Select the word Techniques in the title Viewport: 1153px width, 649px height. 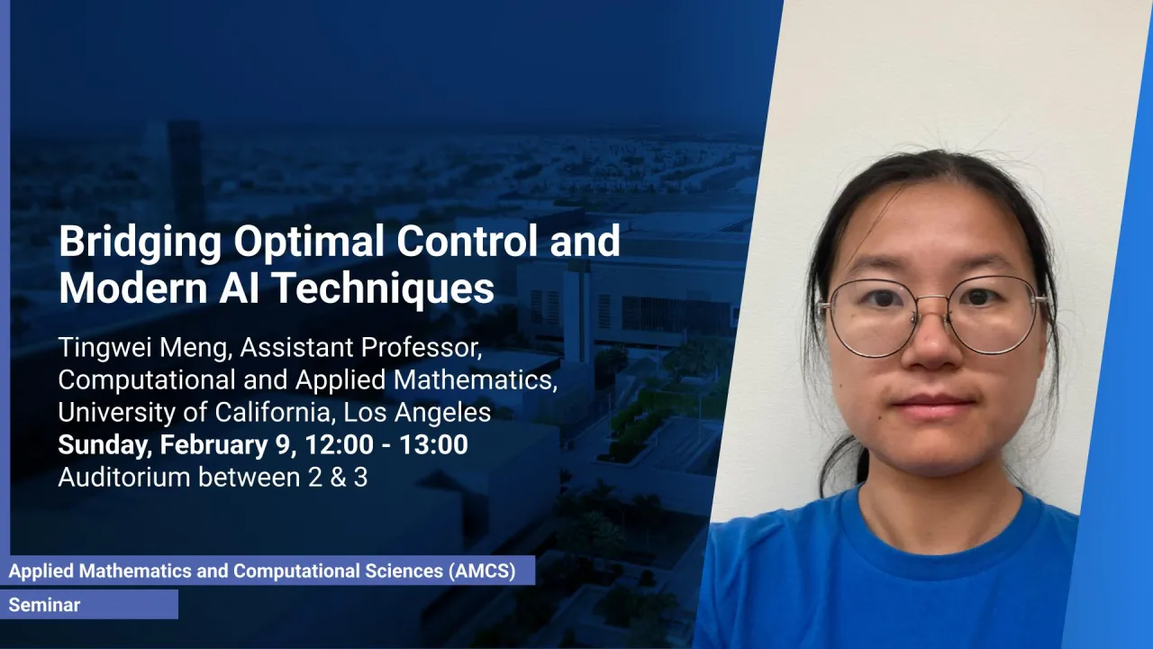tap(385, 288)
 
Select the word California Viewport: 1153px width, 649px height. tap(275, 412)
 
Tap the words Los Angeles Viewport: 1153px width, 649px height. tap(417, 413)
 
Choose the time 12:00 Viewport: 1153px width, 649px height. tap(339, 444)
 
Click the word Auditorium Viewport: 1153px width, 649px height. tap(124, 478)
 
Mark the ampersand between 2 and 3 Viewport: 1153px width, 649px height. tap(338, 478)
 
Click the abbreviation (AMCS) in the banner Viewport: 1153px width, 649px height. tap(482, 571)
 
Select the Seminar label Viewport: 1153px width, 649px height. tap(44, 605)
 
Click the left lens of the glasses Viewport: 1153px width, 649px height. tap(872, 317)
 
